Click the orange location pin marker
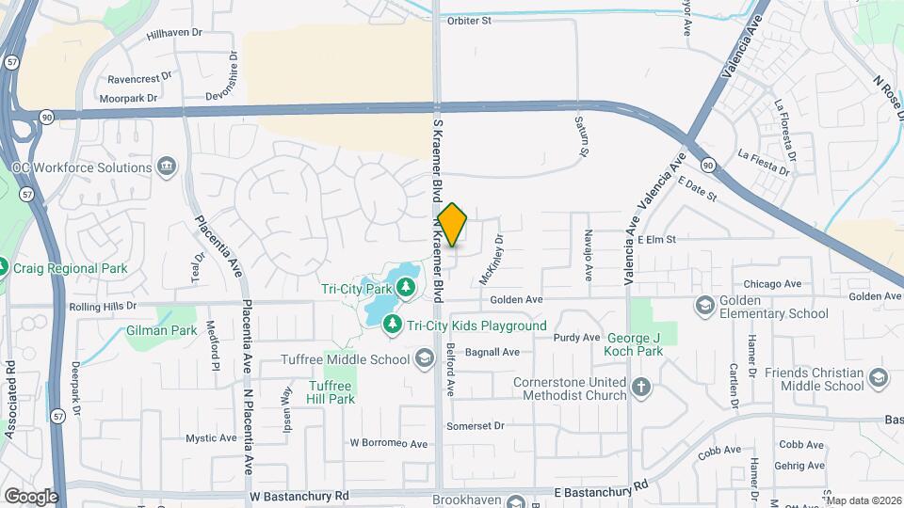pos(453,225)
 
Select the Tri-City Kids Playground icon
pos(392,325)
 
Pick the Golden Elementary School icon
pos(704,304)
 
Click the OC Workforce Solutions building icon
pos(167,167)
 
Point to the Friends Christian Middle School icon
pos(879,378)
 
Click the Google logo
pos(30,496)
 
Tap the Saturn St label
pos(583,136)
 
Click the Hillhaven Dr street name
pos(175,33)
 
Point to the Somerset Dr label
pos(476,426)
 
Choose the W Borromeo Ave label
pos(389,442)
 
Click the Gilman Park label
pos(161,330)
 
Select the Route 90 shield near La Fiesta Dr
pos(708,164)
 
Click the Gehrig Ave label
pos(800,466)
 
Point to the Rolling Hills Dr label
pos(103,306)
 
